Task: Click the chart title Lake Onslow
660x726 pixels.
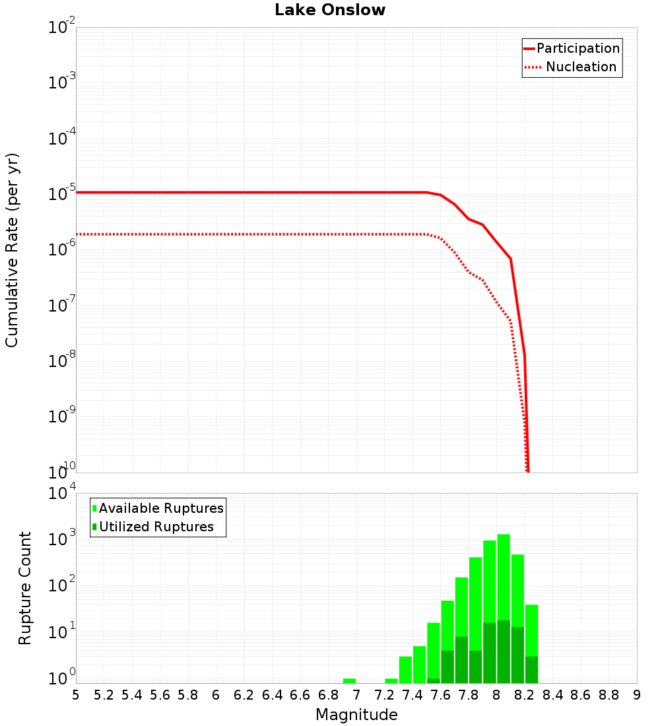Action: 330,10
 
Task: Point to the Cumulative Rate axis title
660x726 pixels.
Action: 12,250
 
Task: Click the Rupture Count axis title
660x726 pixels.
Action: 25,588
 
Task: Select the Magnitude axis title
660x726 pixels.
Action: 356,715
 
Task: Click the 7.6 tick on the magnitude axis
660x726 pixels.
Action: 440,695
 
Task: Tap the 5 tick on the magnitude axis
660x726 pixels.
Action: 76,695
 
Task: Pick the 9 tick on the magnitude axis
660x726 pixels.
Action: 637,695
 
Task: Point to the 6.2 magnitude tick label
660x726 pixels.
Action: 244,695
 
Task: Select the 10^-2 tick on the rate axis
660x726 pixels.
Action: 62,28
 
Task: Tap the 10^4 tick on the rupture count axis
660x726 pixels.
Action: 62,494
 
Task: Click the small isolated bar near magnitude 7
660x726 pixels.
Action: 349,680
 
